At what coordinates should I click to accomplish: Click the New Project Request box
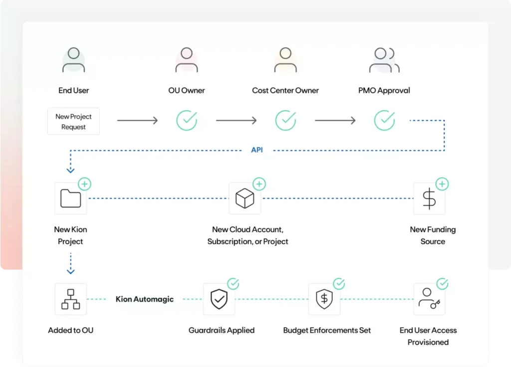pos(73,121)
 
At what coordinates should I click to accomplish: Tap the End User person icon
pos(73,59)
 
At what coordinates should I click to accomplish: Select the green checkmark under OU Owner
pos(187,121)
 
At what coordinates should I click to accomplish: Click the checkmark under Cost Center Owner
pos(285,121)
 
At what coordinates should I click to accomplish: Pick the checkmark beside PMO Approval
pos(384,121)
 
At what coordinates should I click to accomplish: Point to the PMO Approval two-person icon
pos(384,60)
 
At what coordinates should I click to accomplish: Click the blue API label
pos(256,150)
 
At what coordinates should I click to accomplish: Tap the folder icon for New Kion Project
pos(70,198)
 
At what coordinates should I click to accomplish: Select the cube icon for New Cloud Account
pos(245,198)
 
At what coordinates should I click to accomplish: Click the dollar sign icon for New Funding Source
pos(429,198)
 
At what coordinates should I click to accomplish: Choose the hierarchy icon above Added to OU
pos(70,299)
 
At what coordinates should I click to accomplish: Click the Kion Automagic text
pos(145,299)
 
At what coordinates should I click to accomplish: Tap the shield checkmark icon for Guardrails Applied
pos(219,299)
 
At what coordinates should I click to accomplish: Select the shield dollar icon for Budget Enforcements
pos(324,299)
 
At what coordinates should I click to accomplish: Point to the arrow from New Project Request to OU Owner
pos(137,121)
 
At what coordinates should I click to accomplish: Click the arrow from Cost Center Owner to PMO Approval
pos(335,121)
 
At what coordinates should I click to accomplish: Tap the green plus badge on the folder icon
pos(85,184)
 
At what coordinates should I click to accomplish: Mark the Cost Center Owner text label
pos(285,90)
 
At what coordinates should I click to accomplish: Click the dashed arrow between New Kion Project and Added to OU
pos(70,263)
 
